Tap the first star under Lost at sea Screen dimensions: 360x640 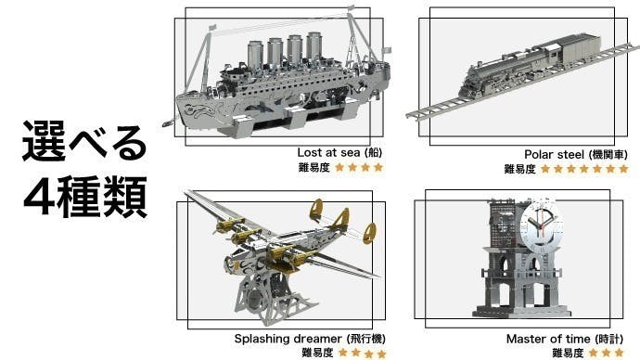[x=340, y=167]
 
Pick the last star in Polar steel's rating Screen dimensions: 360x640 [x=623, y=169]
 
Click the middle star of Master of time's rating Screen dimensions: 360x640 [x=607, y=353]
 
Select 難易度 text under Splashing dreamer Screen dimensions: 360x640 [x=317, y=353]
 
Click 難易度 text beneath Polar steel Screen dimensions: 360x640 [x=520, y=169]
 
